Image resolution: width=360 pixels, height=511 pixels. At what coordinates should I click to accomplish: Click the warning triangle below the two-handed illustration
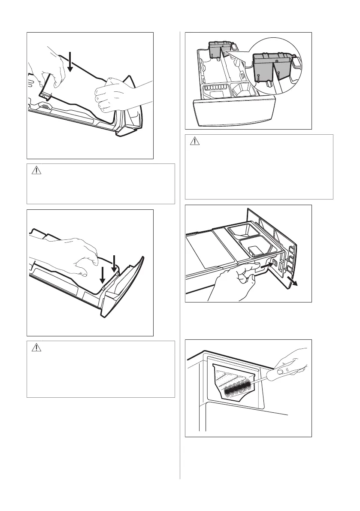pos(37,170)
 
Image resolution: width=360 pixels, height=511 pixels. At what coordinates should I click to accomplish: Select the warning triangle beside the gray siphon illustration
pos(195,142)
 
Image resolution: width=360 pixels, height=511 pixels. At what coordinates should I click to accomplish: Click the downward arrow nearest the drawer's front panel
pos(114,263)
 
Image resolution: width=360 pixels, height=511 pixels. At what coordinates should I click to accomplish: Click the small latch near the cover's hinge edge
pos(45,105)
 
